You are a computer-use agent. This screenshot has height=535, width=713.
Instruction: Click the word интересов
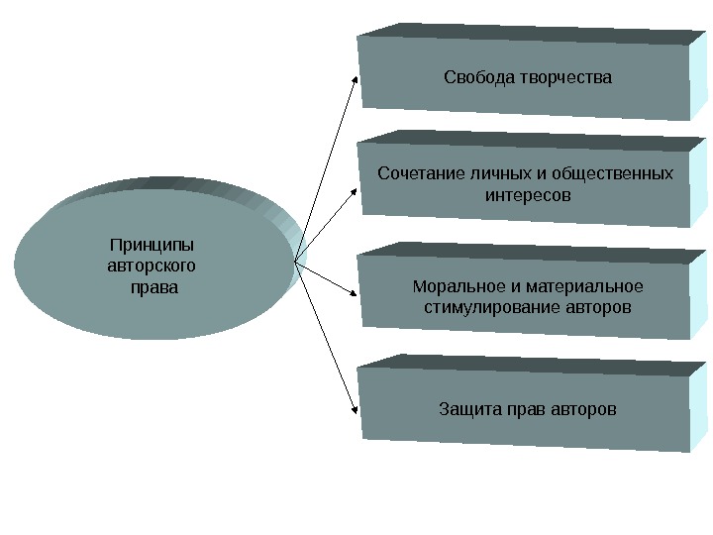(x=528, y=195)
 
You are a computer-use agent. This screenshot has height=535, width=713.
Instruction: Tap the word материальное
(x=589, y=287)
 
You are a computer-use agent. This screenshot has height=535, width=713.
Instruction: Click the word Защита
(x=469, y=408)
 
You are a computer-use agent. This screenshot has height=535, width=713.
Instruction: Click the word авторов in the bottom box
(x=583, y=408)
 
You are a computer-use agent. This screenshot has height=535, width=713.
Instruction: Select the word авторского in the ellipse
(x=151, y=266)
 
